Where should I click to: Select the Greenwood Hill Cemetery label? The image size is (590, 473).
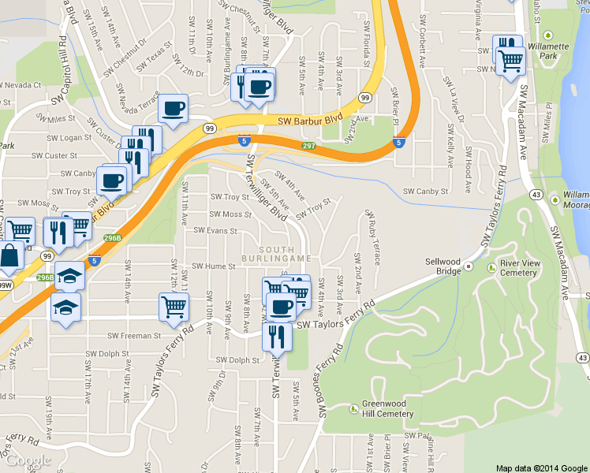387,408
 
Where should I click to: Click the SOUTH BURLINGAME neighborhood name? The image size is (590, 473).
275,254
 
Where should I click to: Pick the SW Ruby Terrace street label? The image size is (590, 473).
371,236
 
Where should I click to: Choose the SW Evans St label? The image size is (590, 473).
216,231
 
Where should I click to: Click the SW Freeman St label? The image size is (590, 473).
134,335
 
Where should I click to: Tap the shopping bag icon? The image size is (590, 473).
10,256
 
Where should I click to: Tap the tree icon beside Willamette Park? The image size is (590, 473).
550,36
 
